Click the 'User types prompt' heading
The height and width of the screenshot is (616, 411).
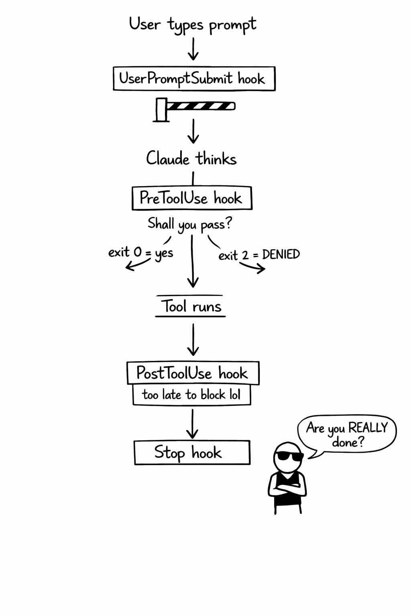pos(192,24)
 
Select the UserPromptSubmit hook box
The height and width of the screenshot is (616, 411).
pos(194,79)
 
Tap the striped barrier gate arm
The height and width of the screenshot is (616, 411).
pos(201,106)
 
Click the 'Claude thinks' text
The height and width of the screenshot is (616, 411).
pos(191,159)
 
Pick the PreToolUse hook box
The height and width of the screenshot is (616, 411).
pos(192,198)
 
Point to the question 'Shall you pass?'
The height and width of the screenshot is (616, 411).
pos(190,224)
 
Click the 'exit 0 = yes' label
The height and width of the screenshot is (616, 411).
pos(140,253)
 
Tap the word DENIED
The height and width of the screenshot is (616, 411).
pos(281,254)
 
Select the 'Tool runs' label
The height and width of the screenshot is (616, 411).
pos(191,307)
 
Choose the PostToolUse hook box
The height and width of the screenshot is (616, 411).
pos(193,373)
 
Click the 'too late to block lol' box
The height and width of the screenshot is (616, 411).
pos(191,395)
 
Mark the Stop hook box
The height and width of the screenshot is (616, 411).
pos(192,453)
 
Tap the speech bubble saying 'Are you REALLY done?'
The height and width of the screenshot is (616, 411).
pos(347,434)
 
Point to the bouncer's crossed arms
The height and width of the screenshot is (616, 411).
pos(287,490)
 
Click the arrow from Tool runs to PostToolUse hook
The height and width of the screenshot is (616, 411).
pos(193,340)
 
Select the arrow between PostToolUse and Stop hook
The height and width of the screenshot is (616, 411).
pos(192,423)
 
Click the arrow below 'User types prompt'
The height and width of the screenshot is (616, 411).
pos(193,49)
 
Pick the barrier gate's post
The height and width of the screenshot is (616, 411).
pos(161,109)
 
